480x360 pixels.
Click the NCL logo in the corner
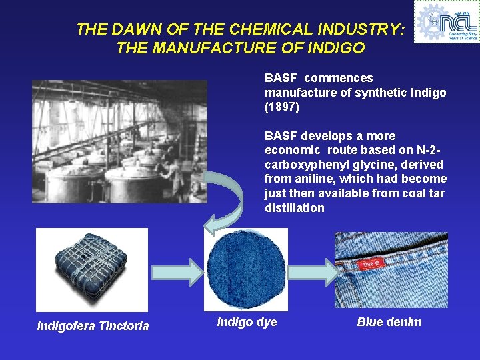pos(446,21)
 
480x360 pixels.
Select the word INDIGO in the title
pos(337,48)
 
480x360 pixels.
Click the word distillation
pos(294,208)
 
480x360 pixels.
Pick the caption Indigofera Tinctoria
pos(93,325)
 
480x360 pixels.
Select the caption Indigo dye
pos(247,322)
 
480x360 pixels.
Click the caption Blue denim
pos(389,322)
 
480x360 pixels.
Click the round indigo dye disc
pos(245,270)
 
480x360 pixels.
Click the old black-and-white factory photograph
pos(119,141)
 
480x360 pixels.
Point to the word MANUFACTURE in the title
pos(213,48)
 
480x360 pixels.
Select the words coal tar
pos(417,193)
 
